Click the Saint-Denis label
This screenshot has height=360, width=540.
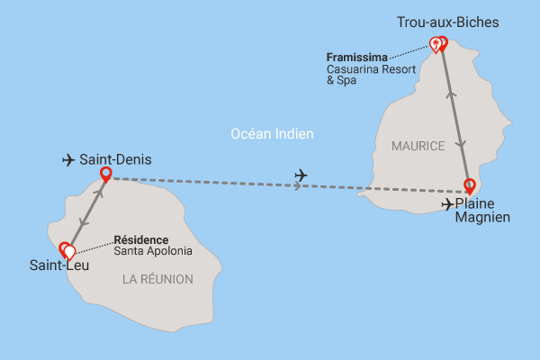[115, 160]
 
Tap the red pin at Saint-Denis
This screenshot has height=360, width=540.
[106, 173]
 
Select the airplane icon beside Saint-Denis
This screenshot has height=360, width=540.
[67, 160]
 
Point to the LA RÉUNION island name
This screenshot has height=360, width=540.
[157, 279]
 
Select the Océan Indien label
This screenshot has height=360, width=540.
[272, 134]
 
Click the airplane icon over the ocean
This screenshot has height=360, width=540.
[301, 174]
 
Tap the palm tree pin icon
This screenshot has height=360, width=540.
[435, 43]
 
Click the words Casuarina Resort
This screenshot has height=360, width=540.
[371, 68]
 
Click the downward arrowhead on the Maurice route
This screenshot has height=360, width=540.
[462, 146]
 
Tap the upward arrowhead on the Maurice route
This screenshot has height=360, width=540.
[451, 91]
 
